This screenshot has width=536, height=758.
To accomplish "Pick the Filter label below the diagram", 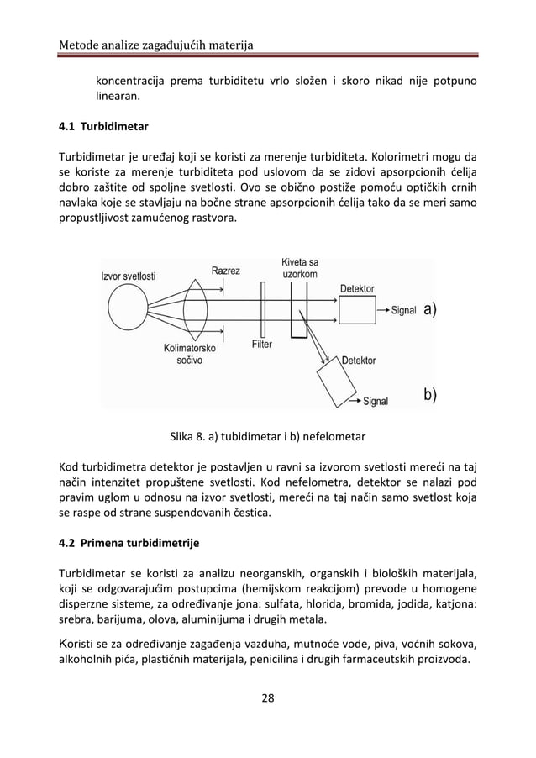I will click(262, 345).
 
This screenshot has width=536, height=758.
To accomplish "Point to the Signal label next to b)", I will click(375, 401).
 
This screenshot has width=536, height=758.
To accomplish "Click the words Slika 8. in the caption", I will click(187, 436).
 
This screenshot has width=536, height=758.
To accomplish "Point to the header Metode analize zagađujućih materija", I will click(155, 44).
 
